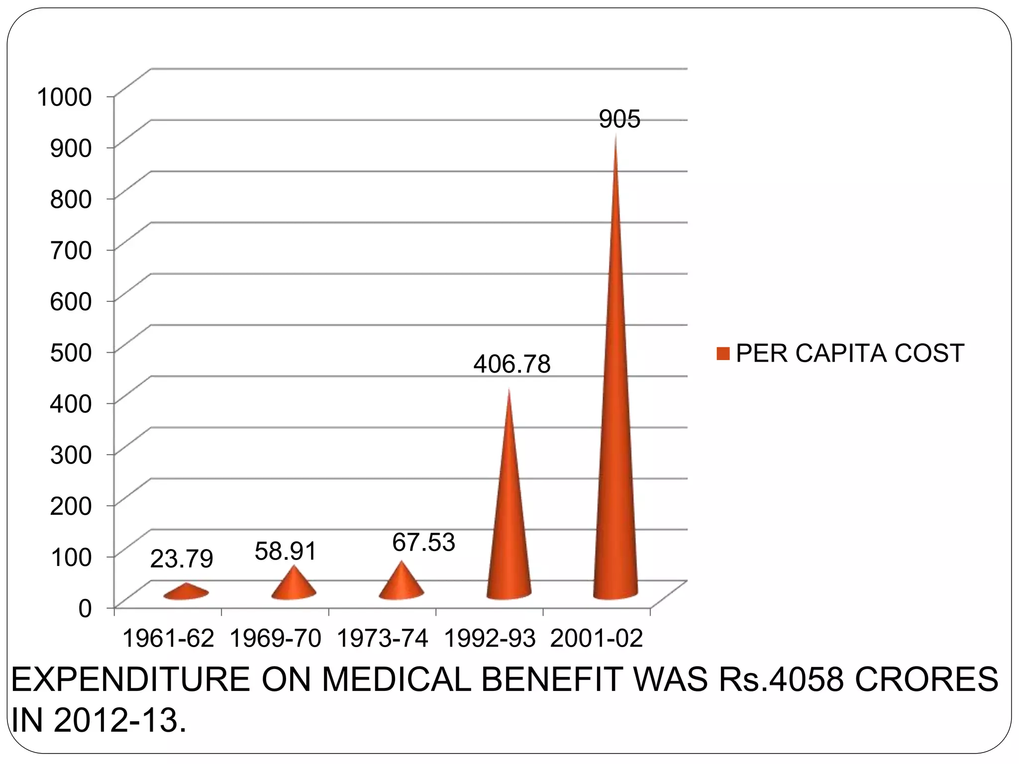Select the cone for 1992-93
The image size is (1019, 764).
509,522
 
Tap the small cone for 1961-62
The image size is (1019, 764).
186,592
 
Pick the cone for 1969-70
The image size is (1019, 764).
294,584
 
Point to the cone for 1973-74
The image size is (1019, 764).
401,582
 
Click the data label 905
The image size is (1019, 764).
619,119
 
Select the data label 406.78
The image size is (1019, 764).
512,364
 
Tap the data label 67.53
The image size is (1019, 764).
423,542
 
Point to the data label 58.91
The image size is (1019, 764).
286,551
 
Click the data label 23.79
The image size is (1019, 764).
182,559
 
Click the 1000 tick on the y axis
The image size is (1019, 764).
65,96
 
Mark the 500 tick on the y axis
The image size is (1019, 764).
71,352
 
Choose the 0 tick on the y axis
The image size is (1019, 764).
86,608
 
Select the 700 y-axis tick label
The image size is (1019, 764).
71,250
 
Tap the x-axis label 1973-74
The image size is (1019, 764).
383,638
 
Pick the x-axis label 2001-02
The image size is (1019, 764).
597,638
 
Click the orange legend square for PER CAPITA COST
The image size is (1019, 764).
723,353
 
